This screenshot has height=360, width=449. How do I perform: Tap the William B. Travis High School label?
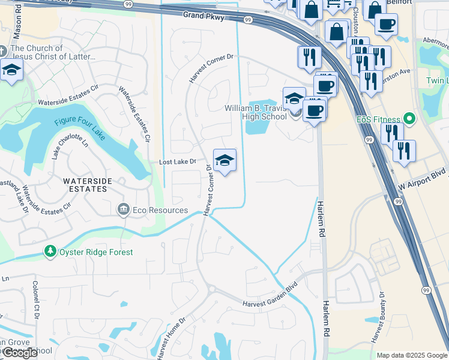255,112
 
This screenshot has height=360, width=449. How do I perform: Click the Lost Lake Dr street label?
177,162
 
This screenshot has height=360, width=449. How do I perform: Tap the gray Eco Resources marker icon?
124,209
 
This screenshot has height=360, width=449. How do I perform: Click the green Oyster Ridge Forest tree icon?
50,252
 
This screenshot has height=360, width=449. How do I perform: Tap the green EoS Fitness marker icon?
410,119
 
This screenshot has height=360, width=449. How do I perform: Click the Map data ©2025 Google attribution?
411,355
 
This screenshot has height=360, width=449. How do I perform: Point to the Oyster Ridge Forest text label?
96,252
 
